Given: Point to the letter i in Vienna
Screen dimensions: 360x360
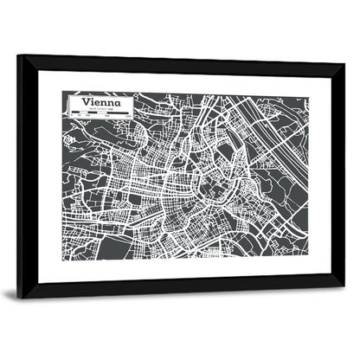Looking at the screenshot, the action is tap(96, 103).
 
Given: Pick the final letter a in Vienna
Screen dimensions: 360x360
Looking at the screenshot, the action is tap(127, 105).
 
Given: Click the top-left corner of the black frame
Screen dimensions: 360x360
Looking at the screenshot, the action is tap(19, 57).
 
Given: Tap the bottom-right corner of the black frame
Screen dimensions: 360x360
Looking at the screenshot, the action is tap(343, 286).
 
